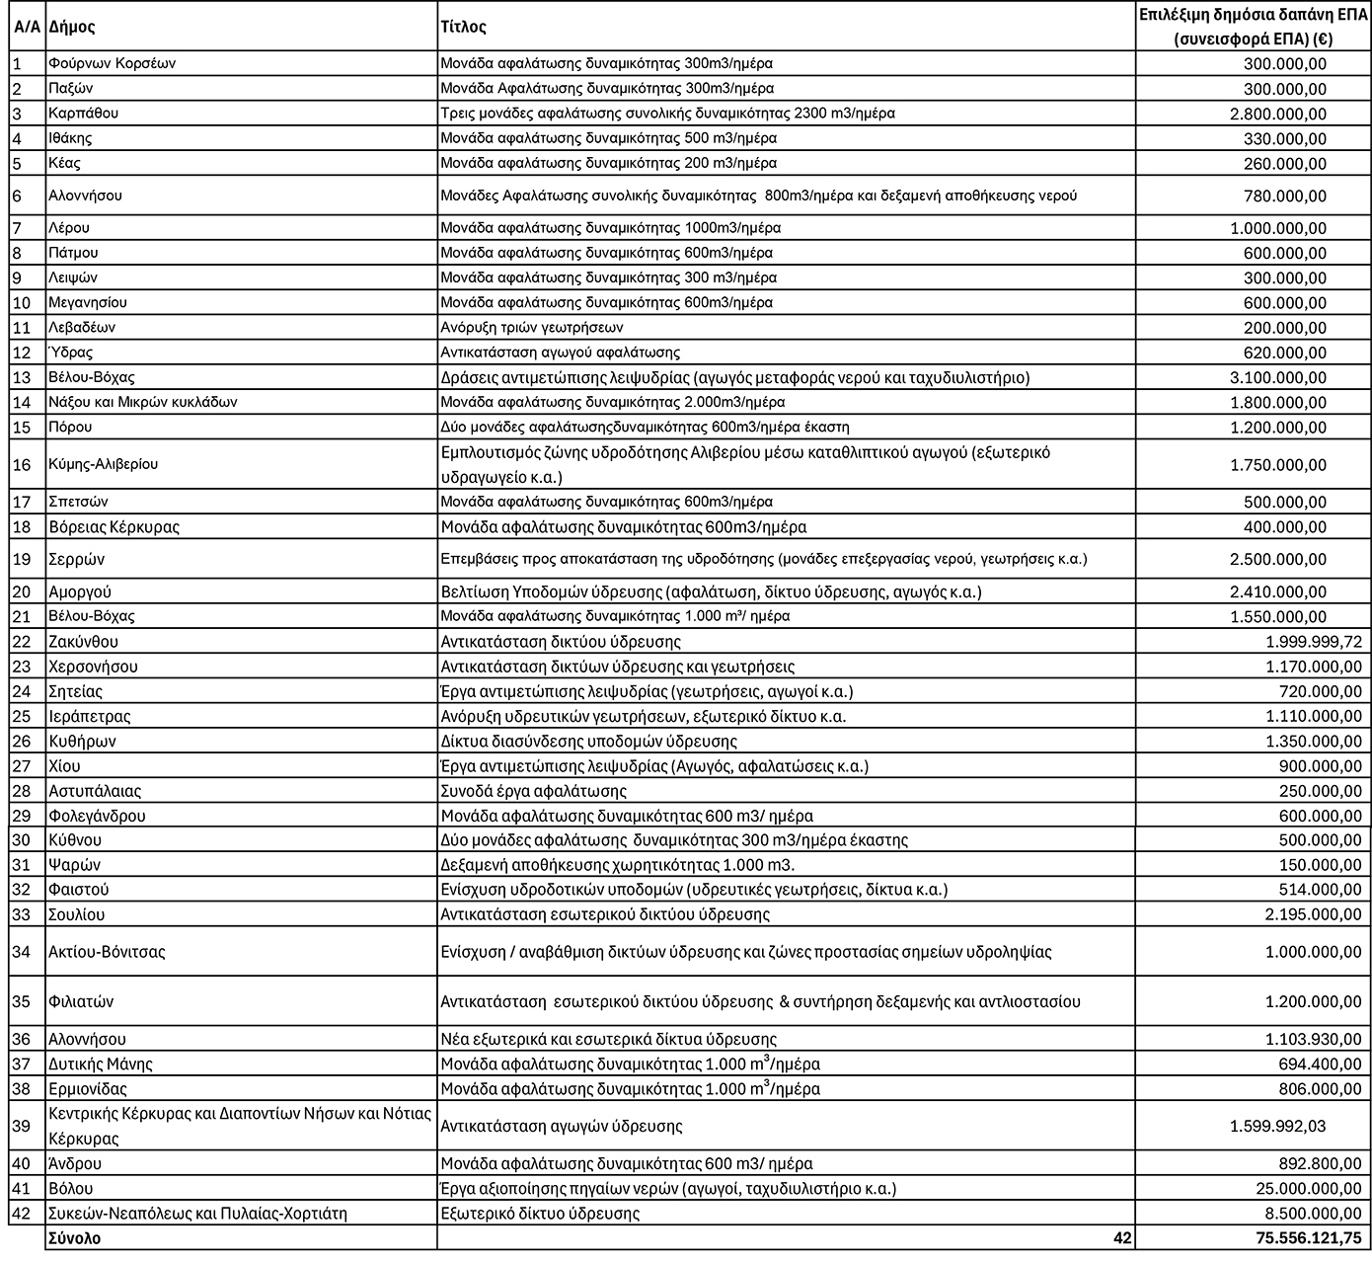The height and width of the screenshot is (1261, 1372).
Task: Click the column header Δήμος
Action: click(x=72, y=27)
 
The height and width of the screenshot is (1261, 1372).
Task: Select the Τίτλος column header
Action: click(x=463, y=27)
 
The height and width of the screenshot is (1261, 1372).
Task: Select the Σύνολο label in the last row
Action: click(x=74, y=1237)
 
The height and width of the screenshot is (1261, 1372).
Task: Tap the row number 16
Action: click(x=22, y=464)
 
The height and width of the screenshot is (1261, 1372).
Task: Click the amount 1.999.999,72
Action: click(x=1313, y=642)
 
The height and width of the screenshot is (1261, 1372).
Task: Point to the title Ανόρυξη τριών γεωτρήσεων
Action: click(x=532, y=327)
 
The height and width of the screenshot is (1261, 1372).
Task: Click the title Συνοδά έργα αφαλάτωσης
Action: click(x=533, y=791)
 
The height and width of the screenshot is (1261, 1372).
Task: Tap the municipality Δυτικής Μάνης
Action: click(x=101, y=1064)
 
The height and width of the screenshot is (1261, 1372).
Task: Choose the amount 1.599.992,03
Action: click(x=1278, y=1127)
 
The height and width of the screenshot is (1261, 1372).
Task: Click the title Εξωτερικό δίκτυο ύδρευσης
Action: click(x=540, y=1214)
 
